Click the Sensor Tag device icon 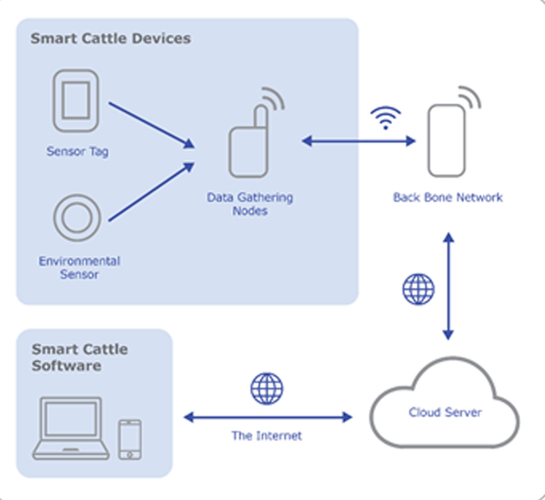coord(76,100)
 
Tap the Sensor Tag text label coord(77,151)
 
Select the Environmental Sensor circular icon coord(77,218)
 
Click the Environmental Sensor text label coord(79,267)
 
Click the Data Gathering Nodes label coord(250,204)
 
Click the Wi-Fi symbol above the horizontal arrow coord(386,117)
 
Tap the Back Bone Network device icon coord(447,140)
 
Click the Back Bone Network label coord(448,198)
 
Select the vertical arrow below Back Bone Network coord(448,286)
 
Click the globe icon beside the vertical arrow coord(418,289)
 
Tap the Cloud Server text coord(445,412)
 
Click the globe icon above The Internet coord(267,389)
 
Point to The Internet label coord(267,436)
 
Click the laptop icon coord(71,428)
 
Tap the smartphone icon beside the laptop coord(130,439)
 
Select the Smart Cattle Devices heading coord(110,39)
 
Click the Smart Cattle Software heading coord(79,357)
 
